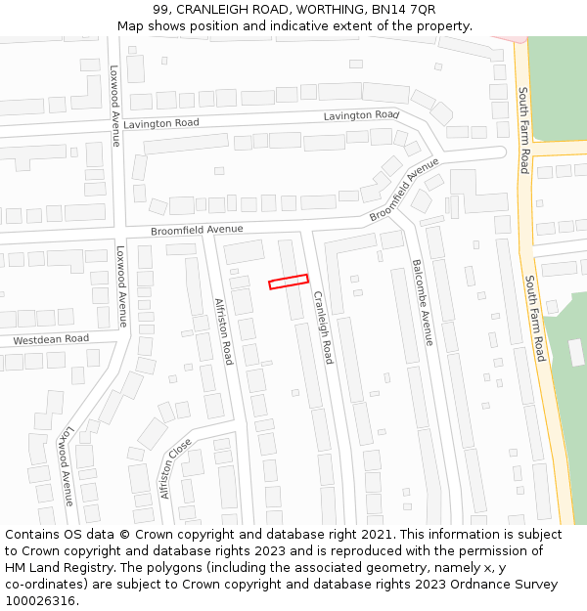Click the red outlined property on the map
[289, 282]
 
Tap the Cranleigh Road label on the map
[323, 327]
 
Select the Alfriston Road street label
[223, 331]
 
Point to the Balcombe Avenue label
[422, 302]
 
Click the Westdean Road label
[51, 339]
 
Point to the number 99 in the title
[160, 10]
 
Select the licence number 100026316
[38, 601]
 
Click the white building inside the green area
[576, 352]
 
